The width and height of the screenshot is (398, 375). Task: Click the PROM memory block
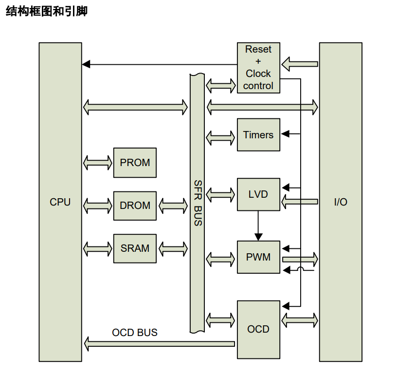135,163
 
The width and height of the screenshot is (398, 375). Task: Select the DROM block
135,206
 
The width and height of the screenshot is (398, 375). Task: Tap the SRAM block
135,248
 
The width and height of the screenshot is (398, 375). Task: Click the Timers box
258,135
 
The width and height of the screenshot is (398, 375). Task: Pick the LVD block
258,194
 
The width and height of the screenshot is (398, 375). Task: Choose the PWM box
258,257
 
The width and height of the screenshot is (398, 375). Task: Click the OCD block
258,329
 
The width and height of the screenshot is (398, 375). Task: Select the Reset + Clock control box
258,68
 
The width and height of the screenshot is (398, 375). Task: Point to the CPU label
60,202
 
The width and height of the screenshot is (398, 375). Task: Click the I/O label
341,202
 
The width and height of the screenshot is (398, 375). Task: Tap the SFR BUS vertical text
198,203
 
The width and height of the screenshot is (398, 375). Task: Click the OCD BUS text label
135,333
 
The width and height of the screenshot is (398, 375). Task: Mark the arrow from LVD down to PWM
258,225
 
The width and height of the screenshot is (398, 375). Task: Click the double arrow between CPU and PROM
98,163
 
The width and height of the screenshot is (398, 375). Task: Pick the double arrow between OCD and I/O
300,320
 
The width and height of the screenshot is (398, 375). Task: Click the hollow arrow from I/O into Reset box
300,64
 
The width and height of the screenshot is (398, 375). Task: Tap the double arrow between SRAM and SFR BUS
173,249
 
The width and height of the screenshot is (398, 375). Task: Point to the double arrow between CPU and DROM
98,206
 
